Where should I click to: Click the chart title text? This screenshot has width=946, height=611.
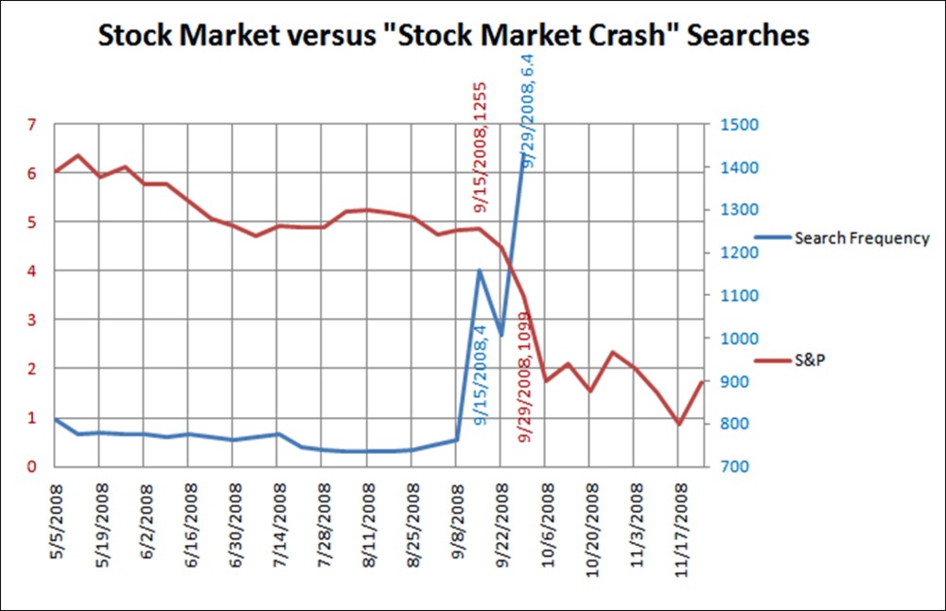point(454,36)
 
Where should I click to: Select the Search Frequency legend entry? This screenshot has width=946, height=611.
point(862,238)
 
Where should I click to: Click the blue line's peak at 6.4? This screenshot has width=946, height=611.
point(523,154)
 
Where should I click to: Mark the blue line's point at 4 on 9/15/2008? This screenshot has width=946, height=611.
point(479,271)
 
